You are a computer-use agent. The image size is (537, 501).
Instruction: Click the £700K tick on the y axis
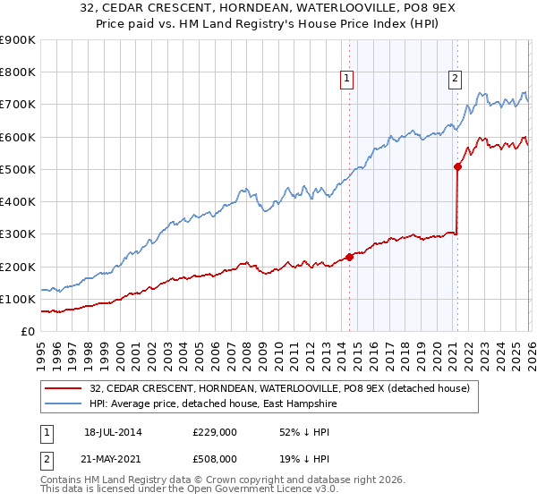[18, 105]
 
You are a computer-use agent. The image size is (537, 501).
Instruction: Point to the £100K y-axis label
[18, 300]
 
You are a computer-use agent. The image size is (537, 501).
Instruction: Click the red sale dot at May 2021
[457, 166]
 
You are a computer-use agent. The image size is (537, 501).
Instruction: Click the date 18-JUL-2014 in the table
[113, 432]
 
